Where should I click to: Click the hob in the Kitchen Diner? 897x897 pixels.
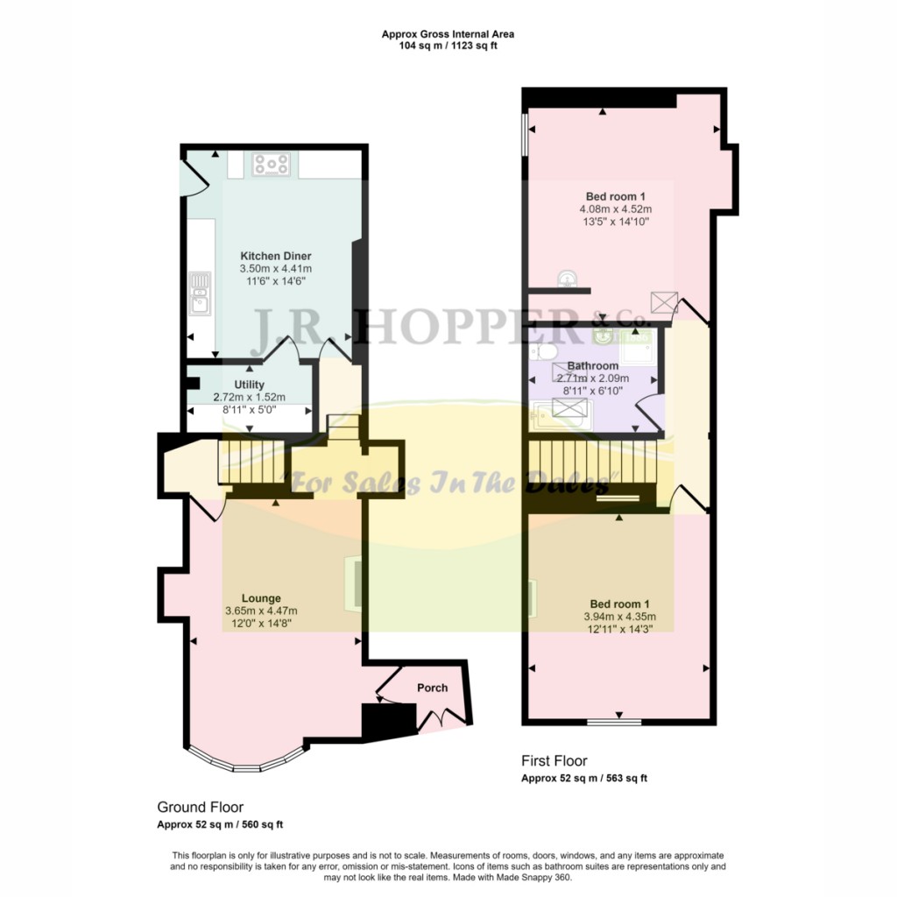click(x=271, y=163)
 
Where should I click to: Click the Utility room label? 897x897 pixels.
click(x=249, y=385)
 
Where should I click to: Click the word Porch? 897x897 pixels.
click(x=432, y=688)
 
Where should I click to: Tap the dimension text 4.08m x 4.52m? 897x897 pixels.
click(x=615, y=209)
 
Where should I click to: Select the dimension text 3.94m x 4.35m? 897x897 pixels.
click(x=619, y=617)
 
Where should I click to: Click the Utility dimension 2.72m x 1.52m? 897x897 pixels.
click(x=250, y=397)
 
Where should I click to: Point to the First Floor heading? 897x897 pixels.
click(x=554, y=760)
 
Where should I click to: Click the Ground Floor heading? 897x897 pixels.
click(x=200, y=807)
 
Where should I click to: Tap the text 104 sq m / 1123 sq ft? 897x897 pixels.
click(x=448, y=46)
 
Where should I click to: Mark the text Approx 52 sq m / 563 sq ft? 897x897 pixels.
click(x=584, y=778)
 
